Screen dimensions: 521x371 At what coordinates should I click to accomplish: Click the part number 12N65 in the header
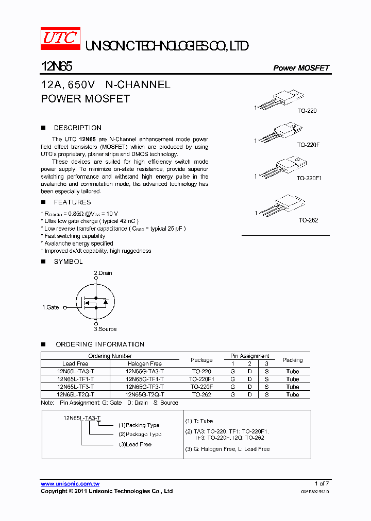coord(57,67)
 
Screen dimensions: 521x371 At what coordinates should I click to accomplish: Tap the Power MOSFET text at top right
coord(301,68)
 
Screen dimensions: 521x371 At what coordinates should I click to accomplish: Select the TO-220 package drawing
coord(281,99)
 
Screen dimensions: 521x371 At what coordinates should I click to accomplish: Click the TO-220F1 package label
coord(309,178)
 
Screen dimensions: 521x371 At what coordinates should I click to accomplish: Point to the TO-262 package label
coord(308,220)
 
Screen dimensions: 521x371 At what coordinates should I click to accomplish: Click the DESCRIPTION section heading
coord(77,128)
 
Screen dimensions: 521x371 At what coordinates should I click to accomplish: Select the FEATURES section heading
coord(72,202)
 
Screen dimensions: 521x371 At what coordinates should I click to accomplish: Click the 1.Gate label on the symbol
coord(50,307)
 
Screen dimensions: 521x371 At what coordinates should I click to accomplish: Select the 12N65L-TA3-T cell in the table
coord(76,371)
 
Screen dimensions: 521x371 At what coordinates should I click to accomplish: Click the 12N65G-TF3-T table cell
coord(144,387)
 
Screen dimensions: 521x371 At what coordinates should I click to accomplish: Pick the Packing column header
coord(292,360)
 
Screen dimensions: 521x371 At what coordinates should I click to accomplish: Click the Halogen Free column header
coord(144,363)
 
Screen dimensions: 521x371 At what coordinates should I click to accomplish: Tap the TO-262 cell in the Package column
coord(201,394)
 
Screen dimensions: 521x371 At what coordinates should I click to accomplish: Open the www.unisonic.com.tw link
coord(70,484)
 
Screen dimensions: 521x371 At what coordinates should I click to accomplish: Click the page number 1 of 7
coord(321,484)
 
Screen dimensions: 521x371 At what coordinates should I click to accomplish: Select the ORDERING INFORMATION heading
coord(100,344)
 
